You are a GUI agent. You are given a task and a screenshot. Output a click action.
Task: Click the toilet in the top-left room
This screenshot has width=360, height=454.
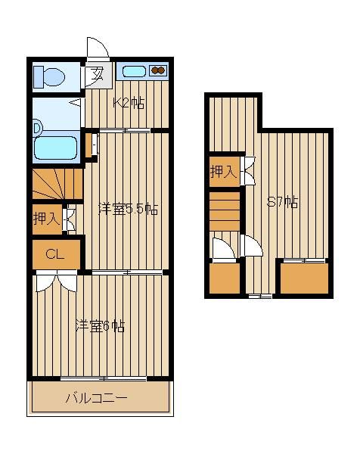pos(48,77)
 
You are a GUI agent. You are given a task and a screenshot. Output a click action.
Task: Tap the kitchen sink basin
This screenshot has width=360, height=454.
pos(134,71)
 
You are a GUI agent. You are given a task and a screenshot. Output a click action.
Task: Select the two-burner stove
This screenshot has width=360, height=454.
pos(158,70)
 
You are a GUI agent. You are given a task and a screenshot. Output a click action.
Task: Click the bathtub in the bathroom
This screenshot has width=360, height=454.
pos(55,148)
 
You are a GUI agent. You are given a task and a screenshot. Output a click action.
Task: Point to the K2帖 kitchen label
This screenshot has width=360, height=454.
pos(129,103)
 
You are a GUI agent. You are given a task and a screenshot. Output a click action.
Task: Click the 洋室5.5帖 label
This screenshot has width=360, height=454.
pos(128,209)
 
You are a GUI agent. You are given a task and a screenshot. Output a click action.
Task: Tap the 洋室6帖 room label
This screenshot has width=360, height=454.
pos(100,326)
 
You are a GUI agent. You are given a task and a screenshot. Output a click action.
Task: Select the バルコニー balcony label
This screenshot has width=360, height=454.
pos(96,398)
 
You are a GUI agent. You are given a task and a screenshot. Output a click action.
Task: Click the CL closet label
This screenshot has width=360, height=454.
pos(54,254)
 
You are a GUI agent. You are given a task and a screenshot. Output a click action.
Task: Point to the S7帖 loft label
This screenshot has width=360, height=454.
pos(282,202)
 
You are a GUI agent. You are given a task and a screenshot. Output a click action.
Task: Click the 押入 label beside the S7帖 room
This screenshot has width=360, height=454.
pos(223,172)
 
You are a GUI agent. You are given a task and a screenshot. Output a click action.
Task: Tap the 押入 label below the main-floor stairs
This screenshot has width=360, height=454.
pos(47,219)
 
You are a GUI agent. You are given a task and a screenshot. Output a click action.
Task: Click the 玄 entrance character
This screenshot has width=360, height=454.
pos(98,74)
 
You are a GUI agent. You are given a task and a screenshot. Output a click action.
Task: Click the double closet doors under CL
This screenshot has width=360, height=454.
pos(57,281)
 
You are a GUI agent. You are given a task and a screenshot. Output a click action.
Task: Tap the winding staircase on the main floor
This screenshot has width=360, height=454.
pos(57,184)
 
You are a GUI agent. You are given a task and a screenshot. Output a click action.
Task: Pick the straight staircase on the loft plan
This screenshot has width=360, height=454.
pos(225,211)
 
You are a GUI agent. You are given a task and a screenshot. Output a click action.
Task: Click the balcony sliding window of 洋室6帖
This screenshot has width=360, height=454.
pos(104,378)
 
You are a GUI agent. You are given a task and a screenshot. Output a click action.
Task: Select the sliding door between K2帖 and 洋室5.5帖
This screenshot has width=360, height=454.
pos(125,131)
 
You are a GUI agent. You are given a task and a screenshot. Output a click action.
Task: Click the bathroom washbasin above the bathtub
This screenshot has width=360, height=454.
pos(37,128)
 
